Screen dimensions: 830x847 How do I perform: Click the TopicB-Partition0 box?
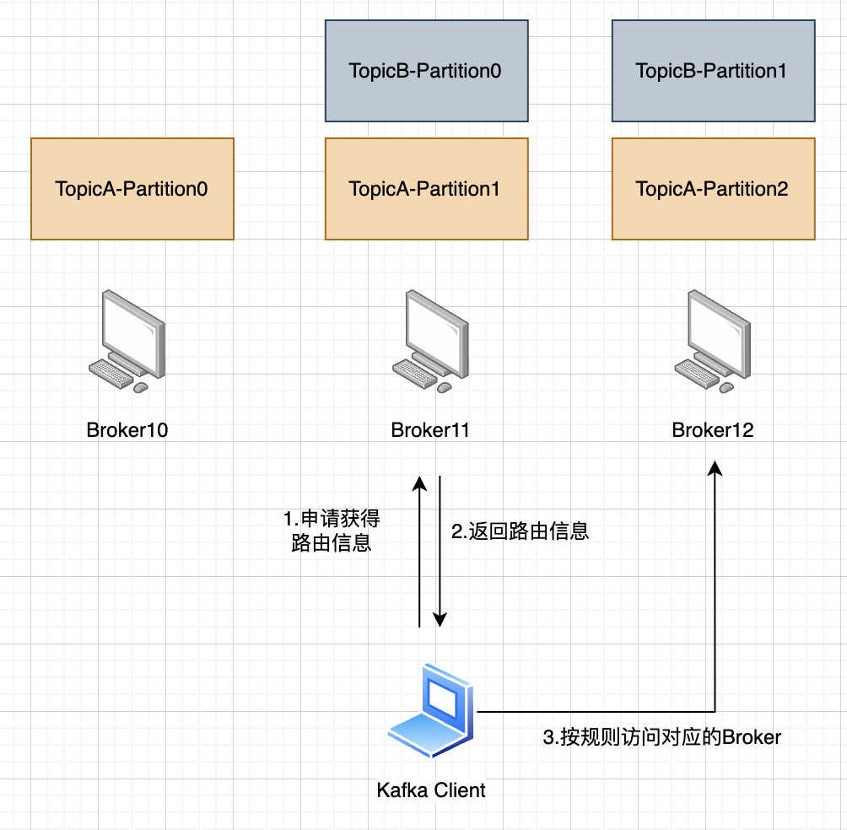point(426,71)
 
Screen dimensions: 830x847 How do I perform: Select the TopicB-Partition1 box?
point(713,71)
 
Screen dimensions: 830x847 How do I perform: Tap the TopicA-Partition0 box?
point(132,189)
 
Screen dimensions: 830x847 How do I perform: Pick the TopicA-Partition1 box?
point(426,189)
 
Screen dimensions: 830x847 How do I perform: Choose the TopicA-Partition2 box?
point(713,189)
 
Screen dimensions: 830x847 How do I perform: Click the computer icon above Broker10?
point(128,340)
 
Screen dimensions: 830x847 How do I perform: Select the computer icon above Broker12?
point(713,340)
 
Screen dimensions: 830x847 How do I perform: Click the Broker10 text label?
point(127,430)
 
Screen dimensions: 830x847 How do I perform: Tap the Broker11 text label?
point(430,430)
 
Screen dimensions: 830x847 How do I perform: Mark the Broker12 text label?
point(713,430)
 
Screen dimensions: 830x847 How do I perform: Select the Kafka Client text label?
point(431,790)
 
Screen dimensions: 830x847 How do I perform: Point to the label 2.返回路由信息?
point(520,531)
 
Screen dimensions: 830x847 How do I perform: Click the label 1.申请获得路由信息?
point(331,531)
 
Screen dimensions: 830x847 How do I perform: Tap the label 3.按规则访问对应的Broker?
point(661,737)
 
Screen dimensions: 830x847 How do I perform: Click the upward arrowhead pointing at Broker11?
point(419,483)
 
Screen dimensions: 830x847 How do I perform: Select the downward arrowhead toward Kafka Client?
point(440,620)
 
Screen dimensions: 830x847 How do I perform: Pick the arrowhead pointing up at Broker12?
point(715,468)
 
